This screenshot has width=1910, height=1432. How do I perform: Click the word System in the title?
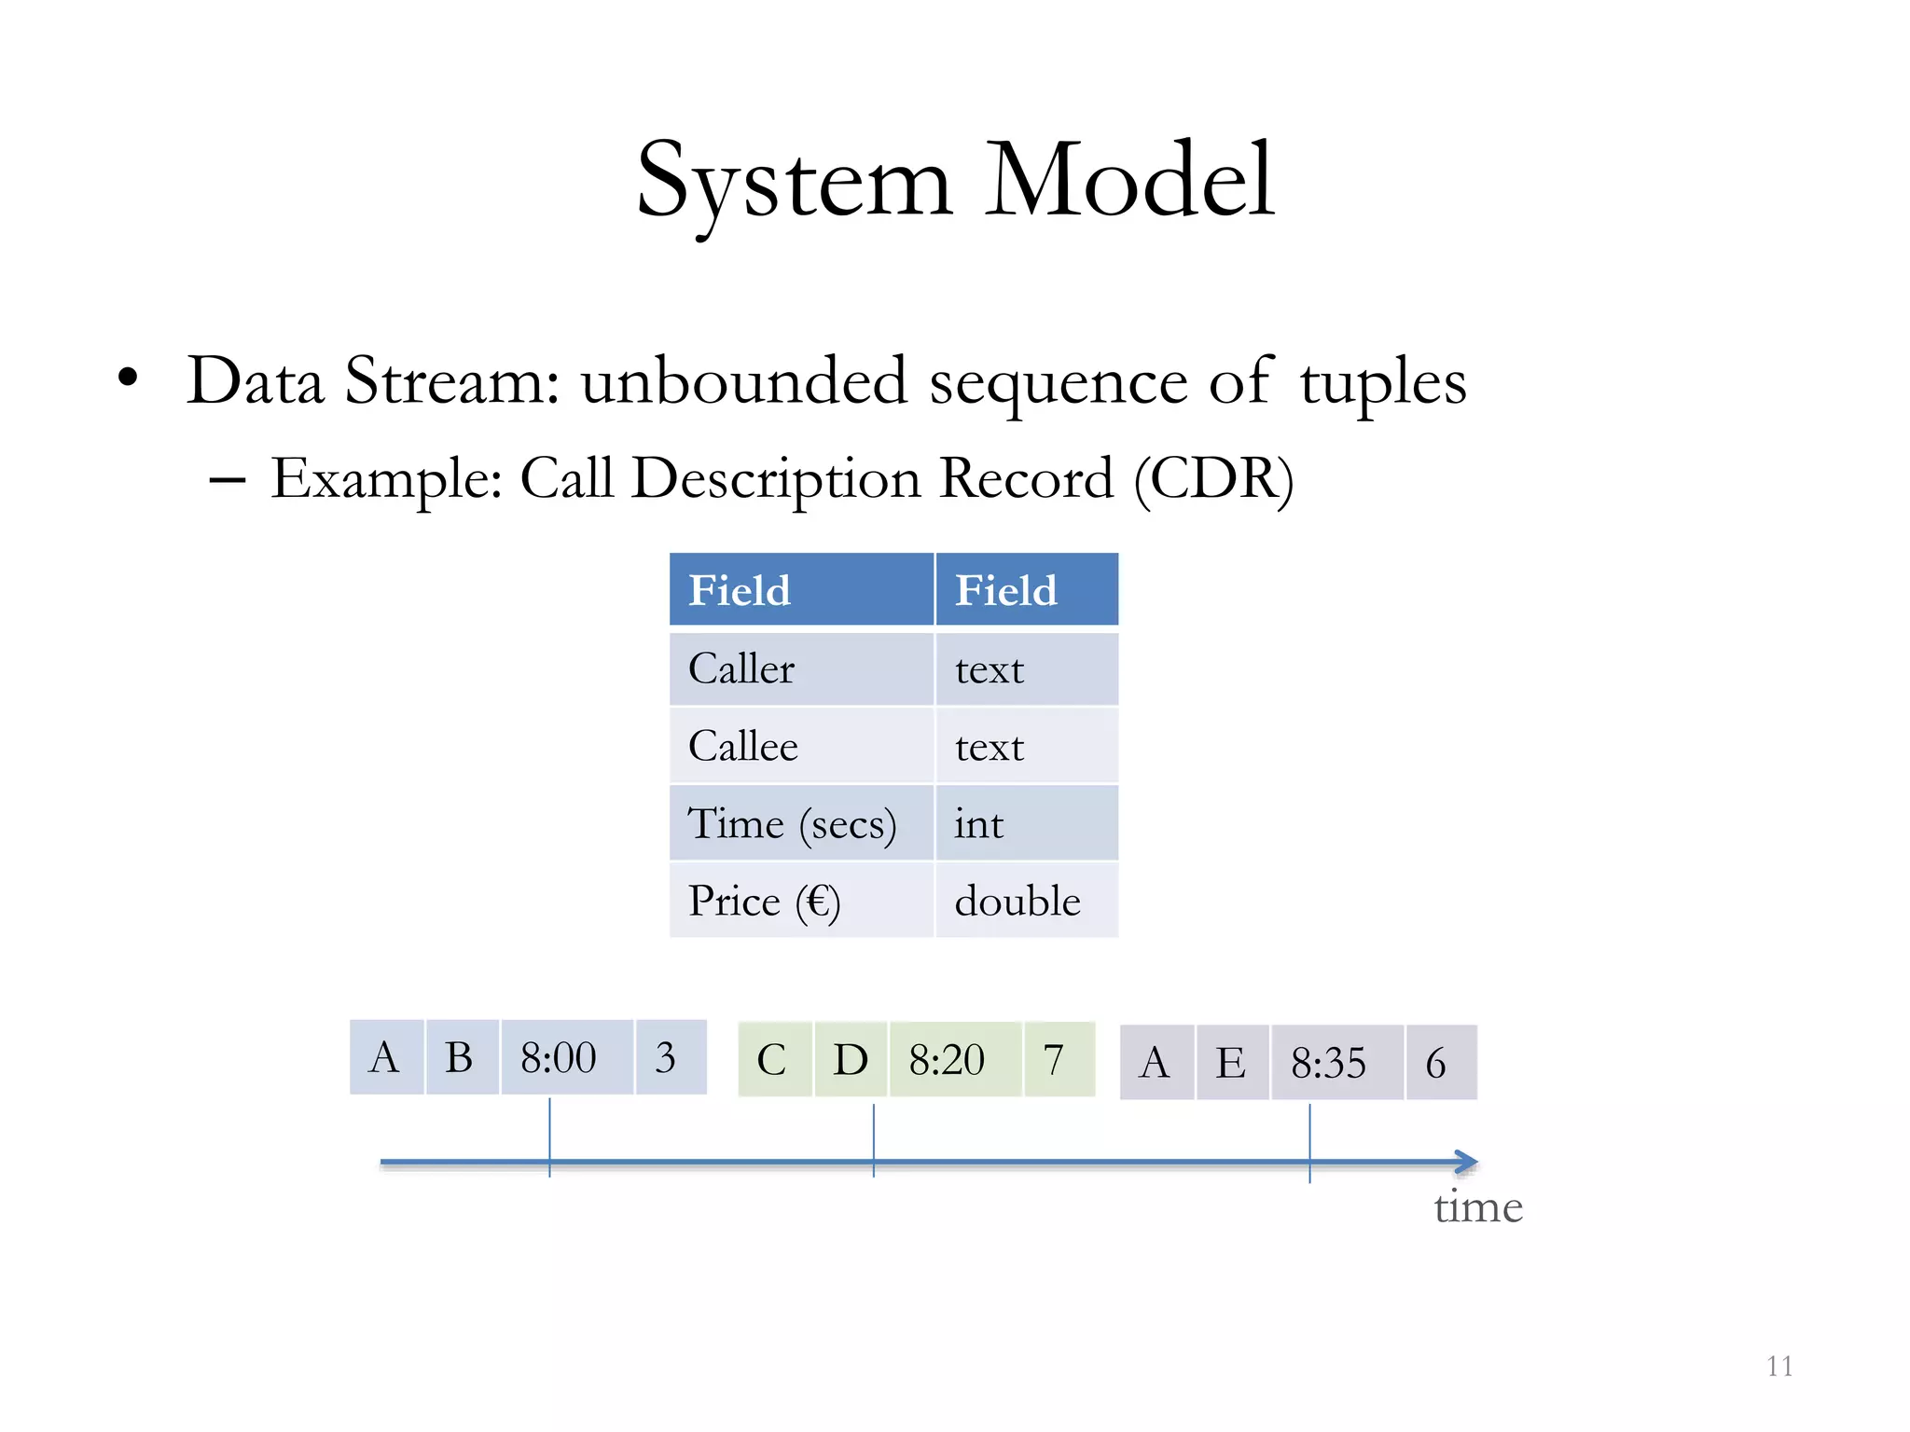click(793, 182)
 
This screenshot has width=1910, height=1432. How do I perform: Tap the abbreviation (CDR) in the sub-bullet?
click(1213, 479)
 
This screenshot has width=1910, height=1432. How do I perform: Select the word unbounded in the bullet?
click(743, 381)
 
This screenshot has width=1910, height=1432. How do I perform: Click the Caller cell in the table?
click(801, 668)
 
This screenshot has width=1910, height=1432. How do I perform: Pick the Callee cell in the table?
click(801, 746)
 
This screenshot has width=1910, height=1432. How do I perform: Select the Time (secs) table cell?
click(801, 823)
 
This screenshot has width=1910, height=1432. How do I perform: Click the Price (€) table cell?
click(801, 901)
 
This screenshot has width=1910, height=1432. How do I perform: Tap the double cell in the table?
click(1026, 901)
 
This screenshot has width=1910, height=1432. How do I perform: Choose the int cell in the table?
click(1026, 823)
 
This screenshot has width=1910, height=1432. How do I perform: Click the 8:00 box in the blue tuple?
click(566, 1057)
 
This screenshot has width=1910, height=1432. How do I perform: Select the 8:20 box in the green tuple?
click(955, 1059)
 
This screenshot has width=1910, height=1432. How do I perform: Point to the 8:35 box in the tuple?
click(1336, 1063)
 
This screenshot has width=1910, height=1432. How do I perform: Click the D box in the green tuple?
click(851, 1059)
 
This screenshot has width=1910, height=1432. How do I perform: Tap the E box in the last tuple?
click(1231, 1063)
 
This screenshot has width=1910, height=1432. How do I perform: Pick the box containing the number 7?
click(1058, 1059)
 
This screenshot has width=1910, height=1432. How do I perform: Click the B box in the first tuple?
click(461, 1057)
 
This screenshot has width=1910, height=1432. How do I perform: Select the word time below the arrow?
click(1478, 1207)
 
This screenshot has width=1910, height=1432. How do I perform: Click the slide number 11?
click(1779, 1366)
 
